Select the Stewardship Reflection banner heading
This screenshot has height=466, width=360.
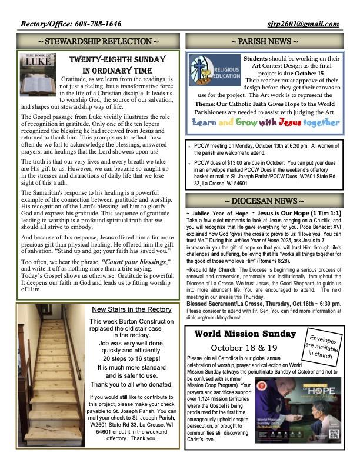pyautogui.click(x=98, y=42)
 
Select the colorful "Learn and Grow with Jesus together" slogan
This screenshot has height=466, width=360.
pyautogui.click(x=266, y=122)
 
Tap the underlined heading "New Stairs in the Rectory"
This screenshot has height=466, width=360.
pyautogui.click(x=132, y=310)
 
